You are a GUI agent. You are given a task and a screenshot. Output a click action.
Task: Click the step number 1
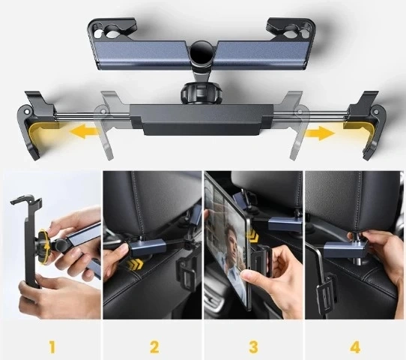pyautogui.click(x=52, y=347)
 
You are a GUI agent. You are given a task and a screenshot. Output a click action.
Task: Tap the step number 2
pyautogui.click(x=154, y=347)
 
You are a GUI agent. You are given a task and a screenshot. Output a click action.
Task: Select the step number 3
pyautogui.click(x=254, y=347)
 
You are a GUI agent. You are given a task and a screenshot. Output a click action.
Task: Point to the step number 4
pyautogui.click(x=355, y=347)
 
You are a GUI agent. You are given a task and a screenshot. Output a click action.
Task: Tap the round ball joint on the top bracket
pyautogui.click(x=202, y=54)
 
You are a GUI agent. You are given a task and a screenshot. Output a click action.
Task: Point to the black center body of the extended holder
pyautogui.click(x=202, y=121)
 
